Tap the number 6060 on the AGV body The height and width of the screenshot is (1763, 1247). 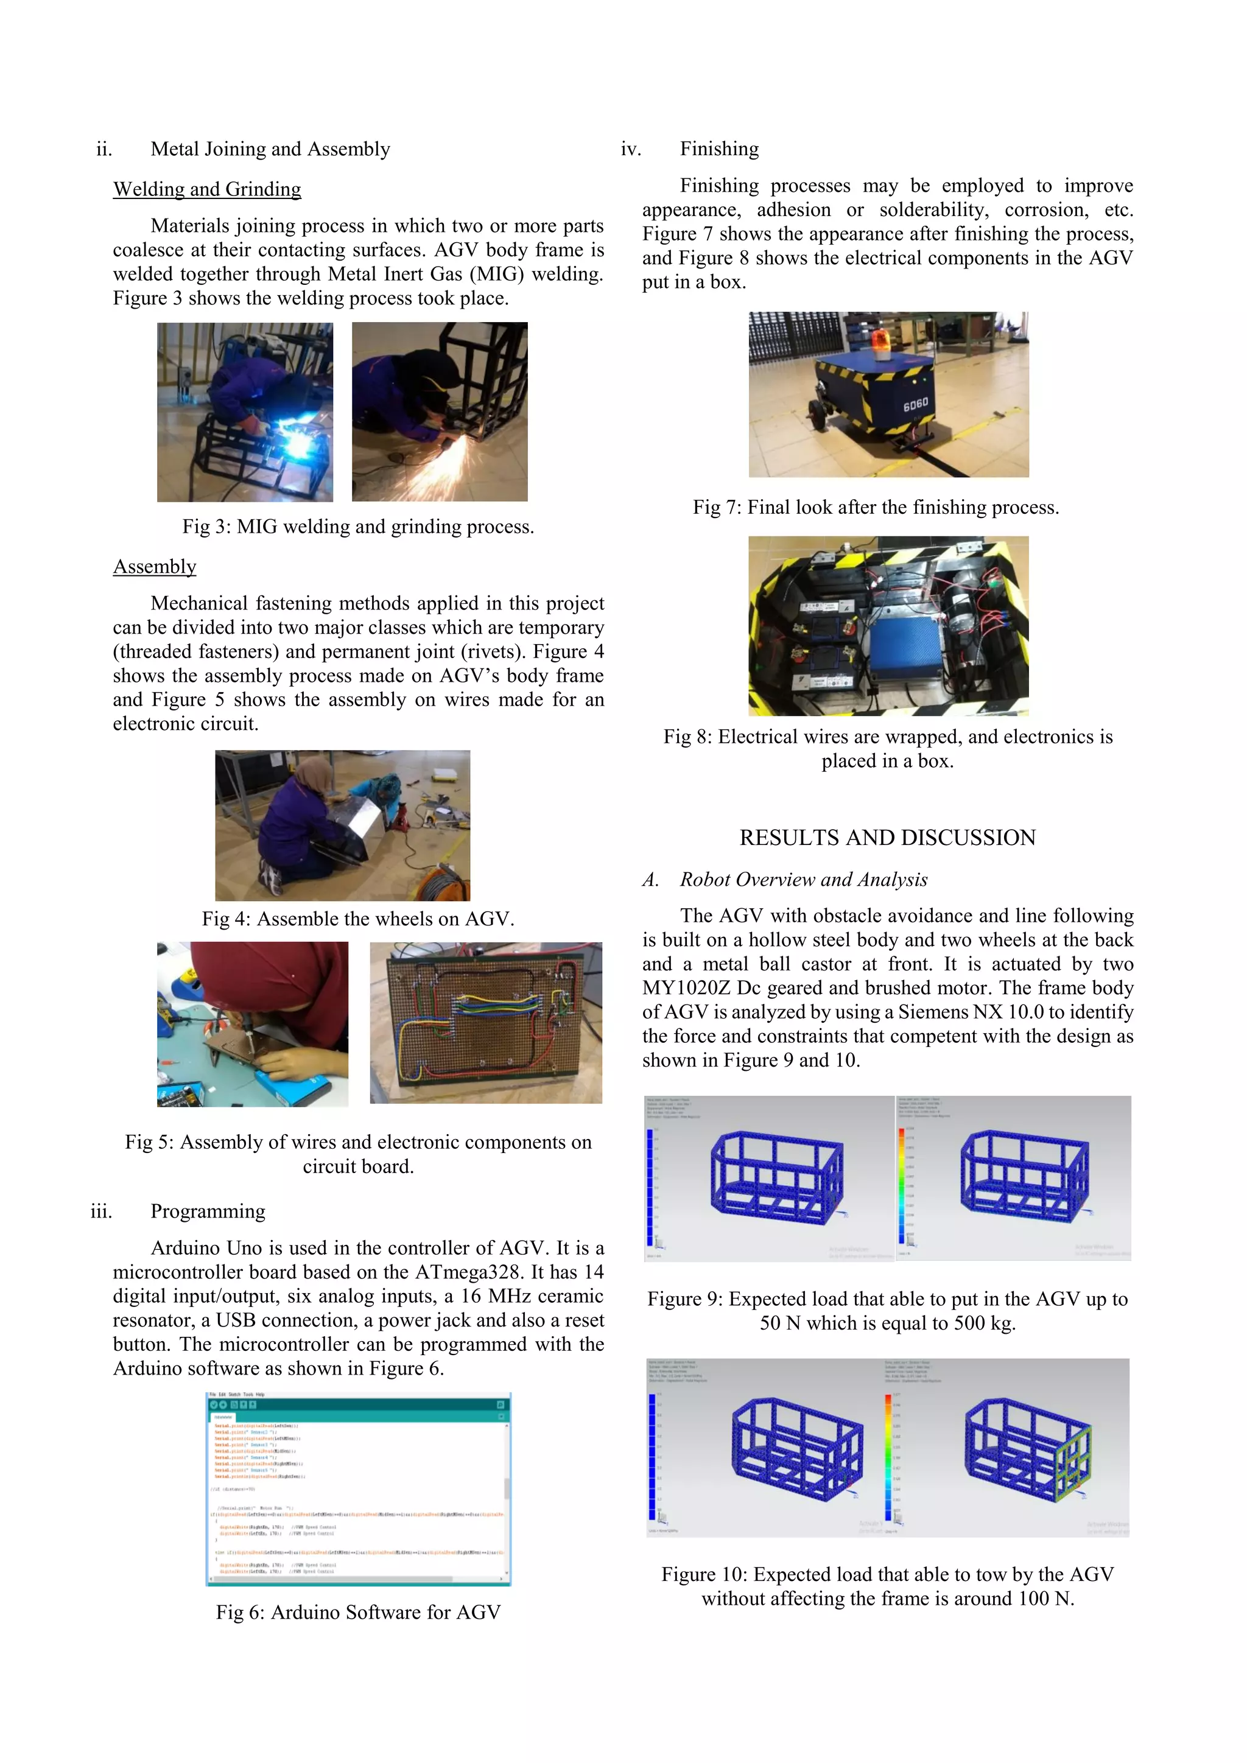coord(915,404)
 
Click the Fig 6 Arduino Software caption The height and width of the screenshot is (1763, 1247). coord(358,1612)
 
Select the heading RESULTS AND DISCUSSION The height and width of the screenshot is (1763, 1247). coord(887,837)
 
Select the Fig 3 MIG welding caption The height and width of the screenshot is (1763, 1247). coord(358,526)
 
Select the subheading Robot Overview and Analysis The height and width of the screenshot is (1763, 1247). coord(803,879)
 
